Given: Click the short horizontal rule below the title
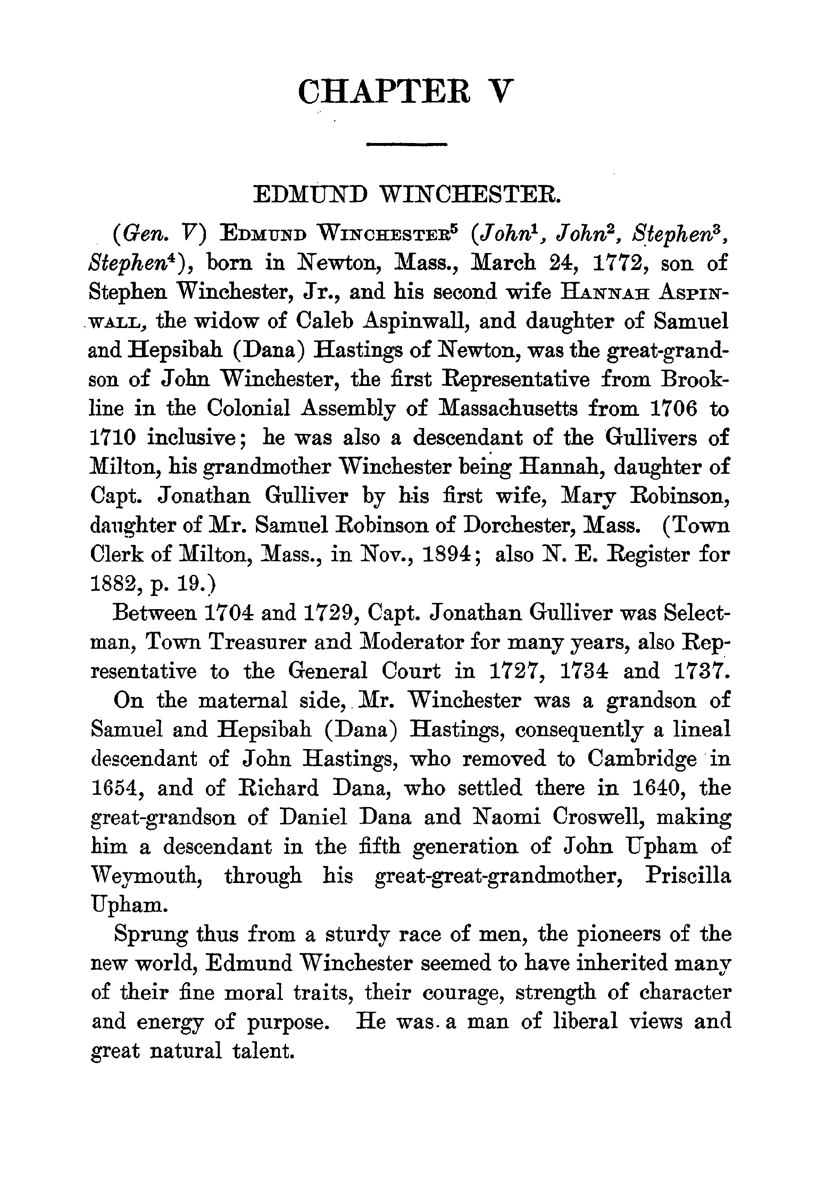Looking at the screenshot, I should click(407, 144).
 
